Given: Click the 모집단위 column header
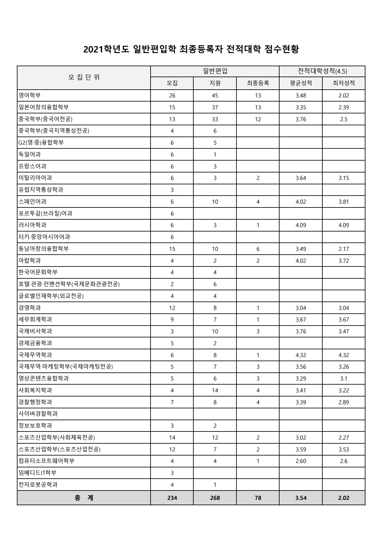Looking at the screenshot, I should [84, 77].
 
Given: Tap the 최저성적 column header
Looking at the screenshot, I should [344, 83].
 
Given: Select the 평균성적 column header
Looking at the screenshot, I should [300, 83].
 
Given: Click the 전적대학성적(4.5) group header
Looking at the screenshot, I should [322, 71].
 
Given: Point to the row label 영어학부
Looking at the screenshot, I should [30, 95].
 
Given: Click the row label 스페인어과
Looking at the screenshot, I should [32, 202].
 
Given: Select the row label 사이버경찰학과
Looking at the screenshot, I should [38, 414].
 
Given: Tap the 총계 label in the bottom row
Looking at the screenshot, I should [84, 498].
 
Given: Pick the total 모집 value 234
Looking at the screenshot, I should [172, 498].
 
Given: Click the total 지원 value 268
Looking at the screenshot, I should [215, 498].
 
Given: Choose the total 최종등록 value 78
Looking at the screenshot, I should [258, 498].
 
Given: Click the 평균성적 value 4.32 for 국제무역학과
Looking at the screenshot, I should [301, 355].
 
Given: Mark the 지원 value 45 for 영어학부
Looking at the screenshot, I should [215, 96].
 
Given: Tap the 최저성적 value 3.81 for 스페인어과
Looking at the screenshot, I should [344, 202].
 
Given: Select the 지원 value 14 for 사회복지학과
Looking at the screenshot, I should [215, 391].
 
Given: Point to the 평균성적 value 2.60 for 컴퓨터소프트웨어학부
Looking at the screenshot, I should [301, 461].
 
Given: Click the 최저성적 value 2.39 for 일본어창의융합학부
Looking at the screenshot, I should [344, 107].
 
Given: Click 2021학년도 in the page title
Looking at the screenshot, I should [106, 49].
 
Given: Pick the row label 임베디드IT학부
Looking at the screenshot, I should [37, 473].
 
